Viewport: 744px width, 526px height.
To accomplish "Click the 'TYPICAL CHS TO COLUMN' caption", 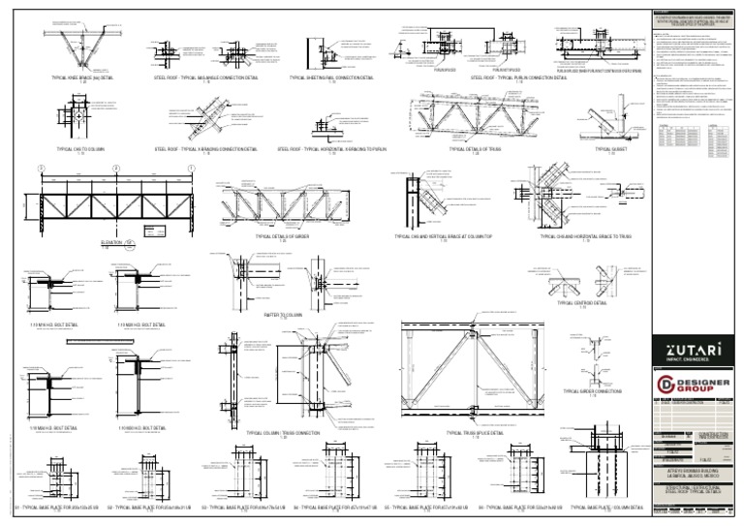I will click(x=80, y=149).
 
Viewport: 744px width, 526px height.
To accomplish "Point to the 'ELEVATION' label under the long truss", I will click(x=114, y=243).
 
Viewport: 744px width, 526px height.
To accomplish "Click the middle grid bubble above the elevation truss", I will click(x=115, y=169).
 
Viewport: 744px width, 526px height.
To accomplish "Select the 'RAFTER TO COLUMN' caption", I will click(x=283, y=315).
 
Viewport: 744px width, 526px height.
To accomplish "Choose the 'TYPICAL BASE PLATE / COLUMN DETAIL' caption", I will click(x=607, y=507).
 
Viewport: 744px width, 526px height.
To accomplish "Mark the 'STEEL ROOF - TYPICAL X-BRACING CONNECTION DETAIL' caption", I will click(x=205, y=149).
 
